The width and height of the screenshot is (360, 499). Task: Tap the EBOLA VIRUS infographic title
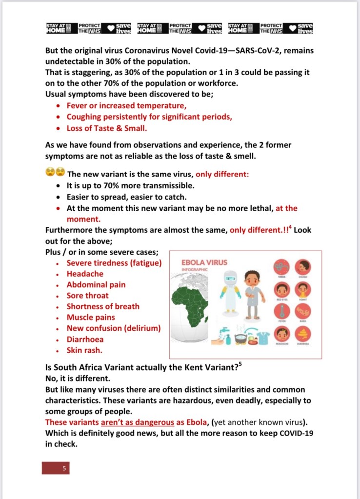(x=204, y=262)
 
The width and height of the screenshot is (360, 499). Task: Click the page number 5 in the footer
(x=63, y=468)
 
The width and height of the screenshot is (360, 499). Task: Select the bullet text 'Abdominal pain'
(x=96, y=284)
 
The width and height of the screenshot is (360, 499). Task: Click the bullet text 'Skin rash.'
(x=84, y=350)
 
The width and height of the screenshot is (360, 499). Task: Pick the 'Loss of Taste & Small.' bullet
(x=107, y=129)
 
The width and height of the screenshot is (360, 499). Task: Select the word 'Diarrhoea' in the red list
(x=85, y=339)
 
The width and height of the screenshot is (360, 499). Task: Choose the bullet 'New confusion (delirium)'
(x=114, y=328)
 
